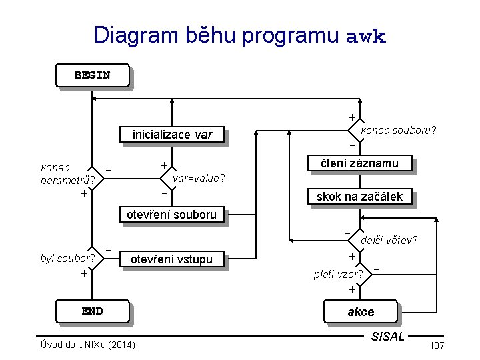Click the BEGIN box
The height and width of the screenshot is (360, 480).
click(92, 75)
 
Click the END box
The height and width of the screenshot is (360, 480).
click(92, 311)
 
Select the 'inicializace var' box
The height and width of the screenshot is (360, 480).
click(172, 135)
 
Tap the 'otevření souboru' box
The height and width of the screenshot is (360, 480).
click(171, 215)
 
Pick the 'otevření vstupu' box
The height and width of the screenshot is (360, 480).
click(171, 259)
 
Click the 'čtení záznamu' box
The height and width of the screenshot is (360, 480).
click(359, 163)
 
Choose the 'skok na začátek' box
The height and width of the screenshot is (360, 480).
click(359, 197)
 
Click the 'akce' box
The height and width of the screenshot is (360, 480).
click(361, 312)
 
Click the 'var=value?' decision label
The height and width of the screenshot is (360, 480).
click(199, 178)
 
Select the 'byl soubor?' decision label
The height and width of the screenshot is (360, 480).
click(67, 258)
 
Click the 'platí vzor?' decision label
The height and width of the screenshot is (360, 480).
click(339, 274)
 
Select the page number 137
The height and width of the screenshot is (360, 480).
click(437, 345)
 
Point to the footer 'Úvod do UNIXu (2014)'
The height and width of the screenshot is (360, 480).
click(87, 345)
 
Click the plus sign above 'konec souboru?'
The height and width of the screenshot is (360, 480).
click(352, 118)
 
